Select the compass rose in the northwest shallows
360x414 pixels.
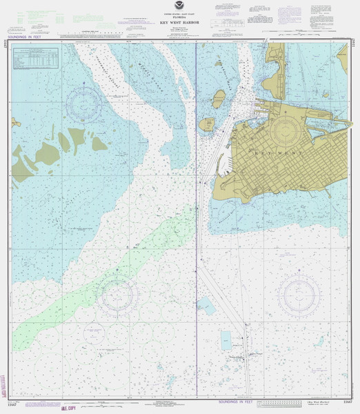[x=83, y=103]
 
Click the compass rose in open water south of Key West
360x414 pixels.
[x=299, y=295]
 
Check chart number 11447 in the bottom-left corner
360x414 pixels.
[x=12, y=402]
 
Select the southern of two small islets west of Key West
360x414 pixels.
[x=207, y=125]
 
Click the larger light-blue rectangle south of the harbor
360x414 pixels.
[x=226, y=338]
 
